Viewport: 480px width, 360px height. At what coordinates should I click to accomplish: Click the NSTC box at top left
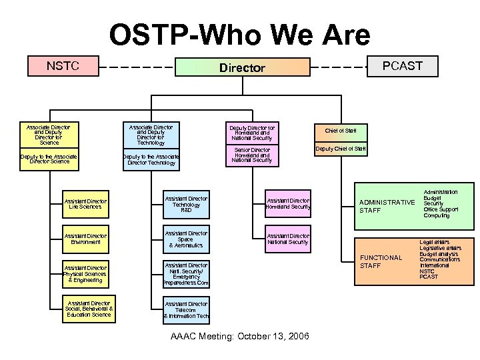(x=63, y=66)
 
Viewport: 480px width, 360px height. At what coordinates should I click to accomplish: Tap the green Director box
(x=243, y=67)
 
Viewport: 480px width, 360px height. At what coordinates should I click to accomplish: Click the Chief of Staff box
(x=341, y=131)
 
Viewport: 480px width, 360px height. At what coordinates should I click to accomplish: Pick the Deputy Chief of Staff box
(x=341, y=149)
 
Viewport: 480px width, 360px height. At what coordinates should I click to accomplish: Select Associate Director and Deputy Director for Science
(x=49, y=134)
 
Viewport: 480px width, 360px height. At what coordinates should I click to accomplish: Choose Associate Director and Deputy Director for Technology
(x=151, y=134)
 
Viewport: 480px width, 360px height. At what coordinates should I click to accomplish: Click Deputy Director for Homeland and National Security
(x=252, y=133)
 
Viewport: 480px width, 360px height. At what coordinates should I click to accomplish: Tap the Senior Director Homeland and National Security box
(x=252, y=155)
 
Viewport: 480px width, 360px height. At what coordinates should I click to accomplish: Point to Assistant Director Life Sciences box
(x=85, y=204)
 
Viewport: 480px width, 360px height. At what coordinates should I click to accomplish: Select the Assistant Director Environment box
(x=85, y=239)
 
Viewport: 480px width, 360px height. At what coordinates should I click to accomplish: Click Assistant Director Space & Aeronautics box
(x=185, y=239)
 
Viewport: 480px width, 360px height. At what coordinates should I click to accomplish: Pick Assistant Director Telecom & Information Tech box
(x=185, y=310)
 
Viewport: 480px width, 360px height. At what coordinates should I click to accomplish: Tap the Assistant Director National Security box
(x=288, y=239)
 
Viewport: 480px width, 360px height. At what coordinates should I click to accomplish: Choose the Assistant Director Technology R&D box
(x=185, y=204)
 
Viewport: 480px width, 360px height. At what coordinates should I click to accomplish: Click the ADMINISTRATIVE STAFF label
(x=387, y=206)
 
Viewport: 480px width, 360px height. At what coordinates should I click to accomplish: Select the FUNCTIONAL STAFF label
(x=381, y=261)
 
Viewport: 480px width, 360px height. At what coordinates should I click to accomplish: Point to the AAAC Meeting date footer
(x=239, y=336)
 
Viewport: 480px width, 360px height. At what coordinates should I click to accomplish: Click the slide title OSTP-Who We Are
(x=239, y=35)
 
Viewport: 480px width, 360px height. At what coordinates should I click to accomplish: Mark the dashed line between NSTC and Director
(x=137, y=67)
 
